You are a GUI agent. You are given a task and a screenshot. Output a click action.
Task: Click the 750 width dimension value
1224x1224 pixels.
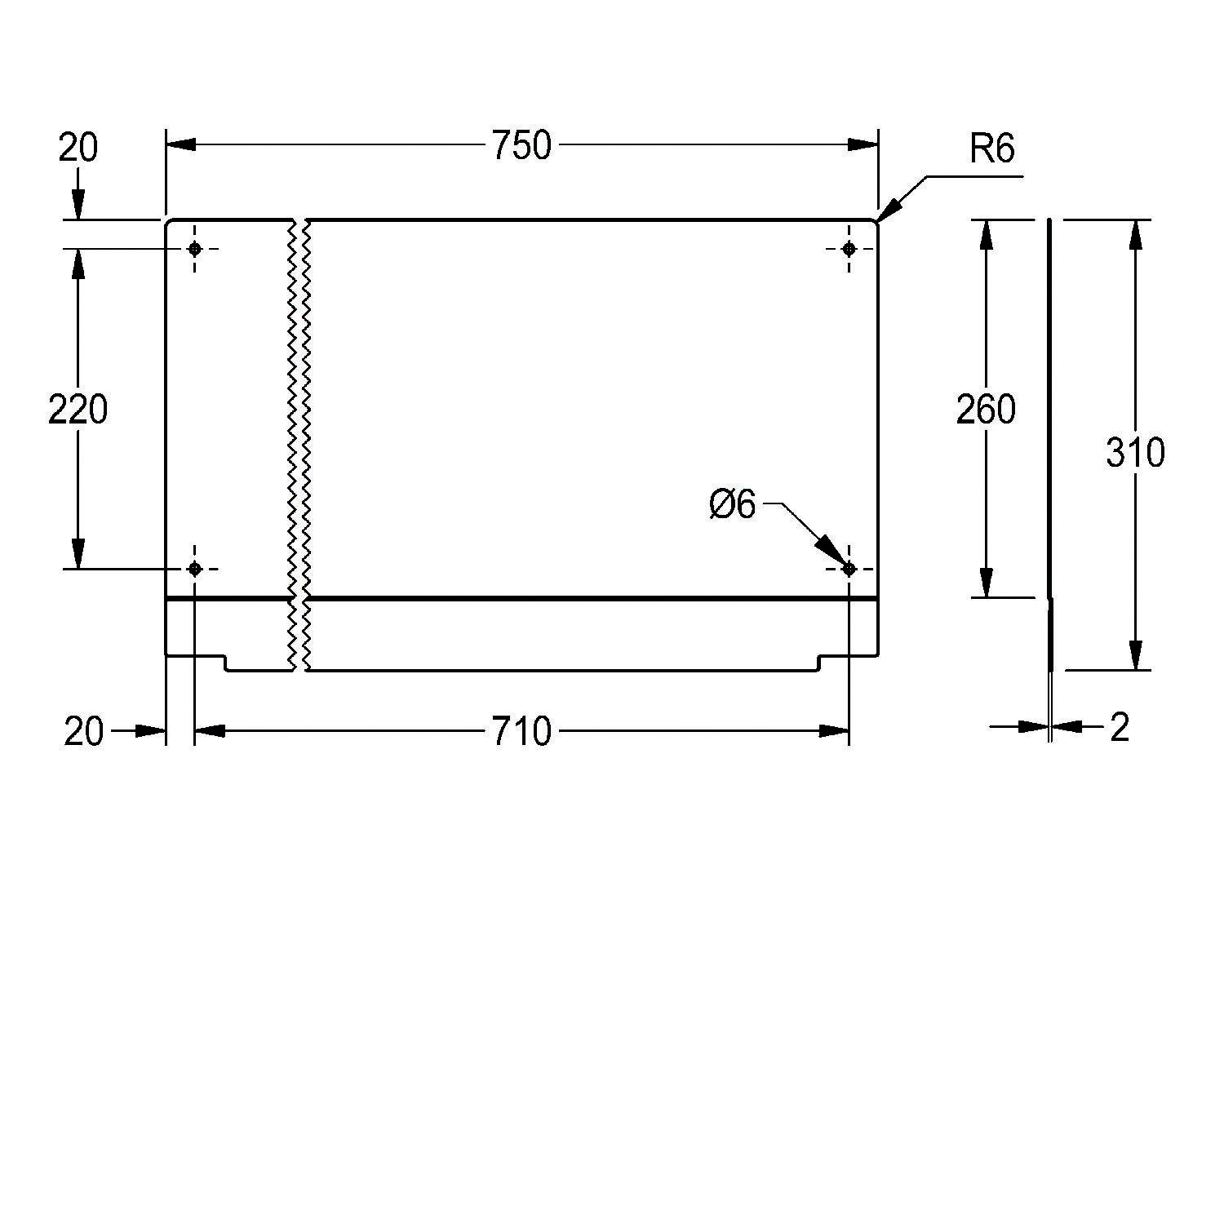[521, 146]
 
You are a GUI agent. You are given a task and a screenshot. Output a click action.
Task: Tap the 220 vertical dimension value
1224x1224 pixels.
[78, 409]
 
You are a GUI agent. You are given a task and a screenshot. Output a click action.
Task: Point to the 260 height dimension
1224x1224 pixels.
[986, 409]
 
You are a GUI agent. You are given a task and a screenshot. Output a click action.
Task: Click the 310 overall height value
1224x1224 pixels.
[1135, 452]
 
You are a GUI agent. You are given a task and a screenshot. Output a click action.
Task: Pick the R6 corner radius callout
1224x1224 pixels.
[991, 149]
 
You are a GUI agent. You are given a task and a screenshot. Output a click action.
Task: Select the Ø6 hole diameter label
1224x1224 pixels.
[733, 505]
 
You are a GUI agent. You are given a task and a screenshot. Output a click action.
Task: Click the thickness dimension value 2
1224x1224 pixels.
[1120, 727]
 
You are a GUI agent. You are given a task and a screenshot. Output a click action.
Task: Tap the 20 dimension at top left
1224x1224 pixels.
[78, 148]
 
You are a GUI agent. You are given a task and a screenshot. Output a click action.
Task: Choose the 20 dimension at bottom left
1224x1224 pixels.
[84, 732]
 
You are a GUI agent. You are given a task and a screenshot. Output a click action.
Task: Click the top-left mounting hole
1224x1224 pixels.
[194, 248]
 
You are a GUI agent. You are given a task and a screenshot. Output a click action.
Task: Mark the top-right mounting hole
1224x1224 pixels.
[849, 248]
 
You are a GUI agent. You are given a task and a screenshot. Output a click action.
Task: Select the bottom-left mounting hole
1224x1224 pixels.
[194, 569]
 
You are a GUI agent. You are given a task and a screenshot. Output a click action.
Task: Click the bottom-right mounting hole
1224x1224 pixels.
[849, 569]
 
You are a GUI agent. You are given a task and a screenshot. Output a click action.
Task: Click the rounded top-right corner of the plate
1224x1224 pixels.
[876, 222]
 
